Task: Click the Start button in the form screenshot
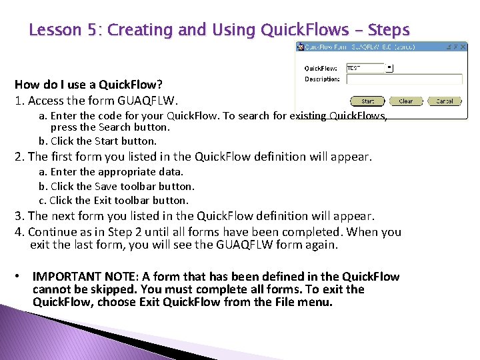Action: (367, 101)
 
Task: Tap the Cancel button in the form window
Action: (444, 101)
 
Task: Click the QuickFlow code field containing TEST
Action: (365, 67)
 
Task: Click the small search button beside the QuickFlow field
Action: (390, 67)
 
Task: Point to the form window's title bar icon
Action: (301, 47)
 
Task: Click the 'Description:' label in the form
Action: (322, 79)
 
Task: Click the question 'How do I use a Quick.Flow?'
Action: (89, 85)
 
